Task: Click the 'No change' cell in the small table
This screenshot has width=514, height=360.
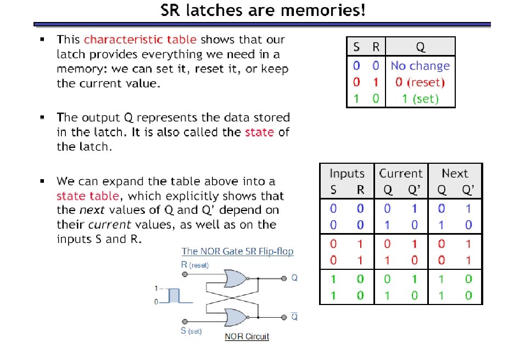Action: (420, 66)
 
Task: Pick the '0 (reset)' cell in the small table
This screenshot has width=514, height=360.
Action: (420, 82)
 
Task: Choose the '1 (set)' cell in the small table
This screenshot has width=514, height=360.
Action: (420, 99)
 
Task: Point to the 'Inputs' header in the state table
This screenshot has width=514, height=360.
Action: (347, 174)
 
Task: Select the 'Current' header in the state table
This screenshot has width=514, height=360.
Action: (401, 174)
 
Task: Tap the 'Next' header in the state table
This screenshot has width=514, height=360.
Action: (455, 174)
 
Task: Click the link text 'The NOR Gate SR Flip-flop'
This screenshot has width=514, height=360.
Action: (237, 251)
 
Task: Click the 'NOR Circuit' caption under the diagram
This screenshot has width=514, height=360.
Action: (247, 336)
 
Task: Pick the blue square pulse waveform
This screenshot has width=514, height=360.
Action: (174, 295)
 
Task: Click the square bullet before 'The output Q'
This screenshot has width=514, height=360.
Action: (42, 118)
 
